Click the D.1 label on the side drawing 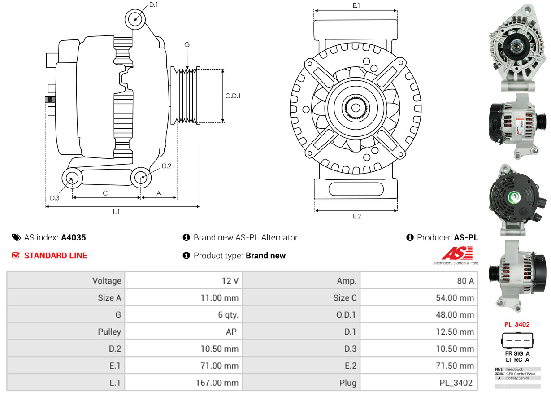153,5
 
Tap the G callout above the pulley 187,44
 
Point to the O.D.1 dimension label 233,96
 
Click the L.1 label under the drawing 116,212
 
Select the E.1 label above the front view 356,5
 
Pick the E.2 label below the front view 356,216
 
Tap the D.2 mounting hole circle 141,178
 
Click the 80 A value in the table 465,281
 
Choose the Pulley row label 109,332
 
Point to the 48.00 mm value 455,315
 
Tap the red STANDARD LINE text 56,256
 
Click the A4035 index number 74,238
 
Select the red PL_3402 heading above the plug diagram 517,324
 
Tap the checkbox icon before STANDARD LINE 16,256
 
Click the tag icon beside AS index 16,238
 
